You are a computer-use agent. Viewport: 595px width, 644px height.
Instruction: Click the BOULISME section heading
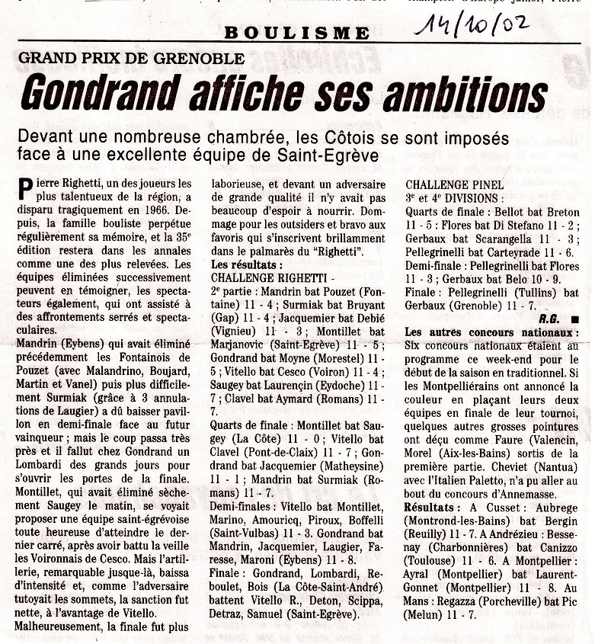(x=297, y=34)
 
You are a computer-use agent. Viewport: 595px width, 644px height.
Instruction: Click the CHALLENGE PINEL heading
(x=454, y=184)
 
